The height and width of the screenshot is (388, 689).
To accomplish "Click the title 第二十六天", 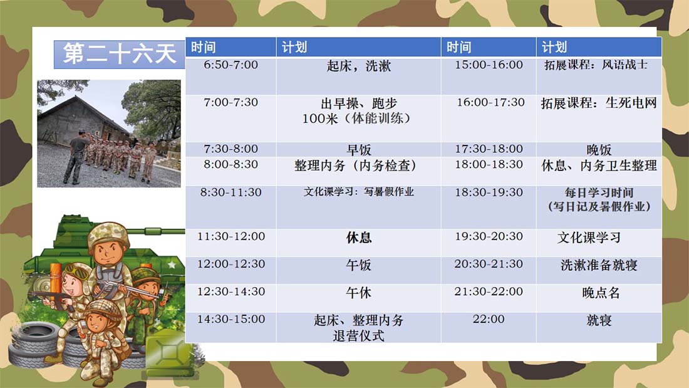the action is tap(120, 54).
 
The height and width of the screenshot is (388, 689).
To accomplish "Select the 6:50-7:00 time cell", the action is tap(231, 76).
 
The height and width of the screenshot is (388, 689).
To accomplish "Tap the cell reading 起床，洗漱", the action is tap(358, 76).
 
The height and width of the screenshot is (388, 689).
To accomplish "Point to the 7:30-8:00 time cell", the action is tap(231, 149).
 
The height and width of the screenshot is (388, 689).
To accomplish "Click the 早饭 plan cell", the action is tap(358, 149).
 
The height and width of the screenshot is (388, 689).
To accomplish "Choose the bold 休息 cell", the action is tap(358, 243).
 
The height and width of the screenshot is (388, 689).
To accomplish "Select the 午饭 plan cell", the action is tap(358, 270).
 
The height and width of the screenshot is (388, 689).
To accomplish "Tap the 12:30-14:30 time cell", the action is tap(231, 298).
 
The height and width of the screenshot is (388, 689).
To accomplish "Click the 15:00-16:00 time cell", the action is tap(489, 76).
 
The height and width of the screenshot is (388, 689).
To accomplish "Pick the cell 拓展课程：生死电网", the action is tap(599, 118).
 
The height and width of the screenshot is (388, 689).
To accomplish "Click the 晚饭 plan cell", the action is tap(599, 149).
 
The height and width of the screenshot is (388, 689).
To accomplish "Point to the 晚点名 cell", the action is tap(599, 298).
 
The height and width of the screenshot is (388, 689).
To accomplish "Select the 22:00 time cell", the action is tap(489, 327).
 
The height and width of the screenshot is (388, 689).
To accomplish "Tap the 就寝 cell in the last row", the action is tap(599, 327).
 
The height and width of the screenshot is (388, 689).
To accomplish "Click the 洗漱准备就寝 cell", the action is tap(599, 270).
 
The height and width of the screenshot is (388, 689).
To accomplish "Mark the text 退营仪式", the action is tap(358, 335).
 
